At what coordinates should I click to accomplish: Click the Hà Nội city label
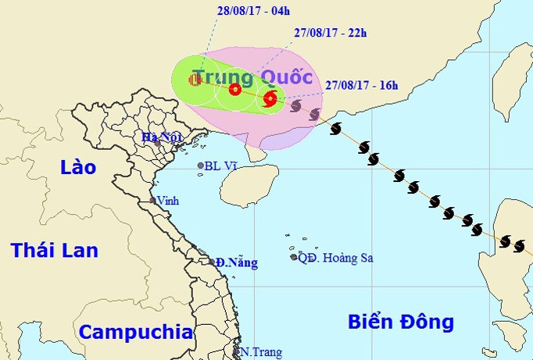coord(156,137)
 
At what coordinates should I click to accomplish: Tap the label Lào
coord(79,167)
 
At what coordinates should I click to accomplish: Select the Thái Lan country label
coord(55,250)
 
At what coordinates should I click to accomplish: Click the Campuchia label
coord(136,332)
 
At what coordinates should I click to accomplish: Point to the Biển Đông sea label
coord(401,322)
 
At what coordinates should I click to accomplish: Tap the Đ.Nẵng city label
coord(237,263)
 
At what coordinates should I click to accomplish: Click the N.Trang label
coord(260,352)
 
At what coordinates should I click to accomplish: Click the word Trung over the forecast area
coord(223,77)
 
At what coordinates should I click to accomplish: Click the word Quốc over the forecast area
coord(287,77)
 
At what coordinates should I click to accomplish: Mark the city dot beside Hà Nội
coord(157,144)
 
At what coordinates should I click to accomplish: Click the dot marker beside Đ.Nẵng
coord(213,262)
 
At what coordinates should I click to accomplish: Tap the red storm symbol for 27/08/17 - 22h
coord(235,89)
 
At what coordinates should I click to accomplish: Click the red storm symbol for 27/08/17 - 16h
coord(270,98)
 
